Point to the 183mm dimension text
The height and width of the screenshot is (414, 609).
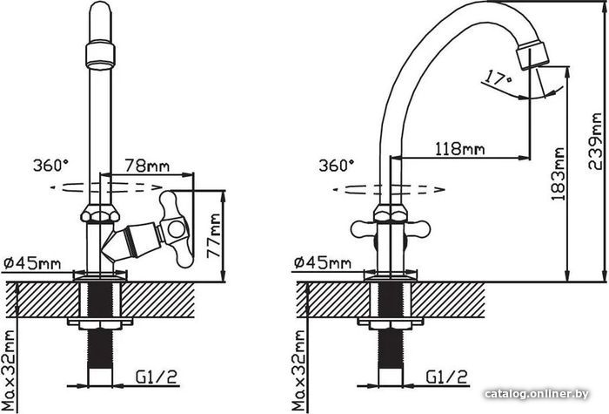(x=559, y=176)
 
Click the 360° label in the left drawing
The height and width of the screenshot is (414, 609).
(x=50, y=164)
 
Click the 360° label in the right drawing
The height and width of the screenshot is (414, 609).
(x=337, y=164)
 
